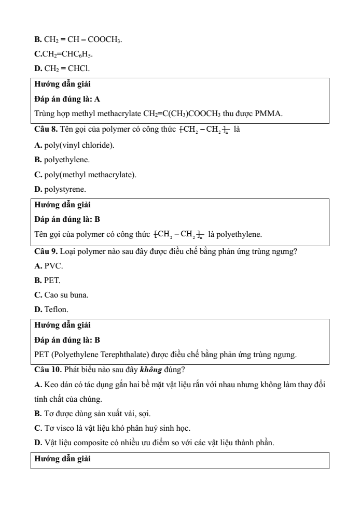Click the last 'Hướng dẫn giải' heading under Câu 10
click(x=62, y=459)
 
